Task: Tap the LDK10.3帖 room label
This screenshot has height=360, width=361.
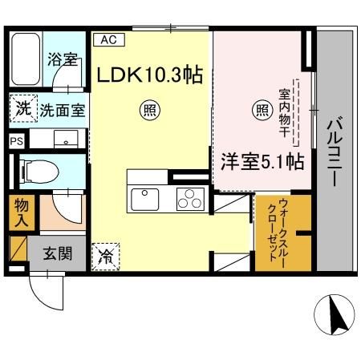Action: coord(148,75)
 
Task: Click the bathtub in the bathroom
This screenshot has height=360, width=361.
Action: coord(26,59)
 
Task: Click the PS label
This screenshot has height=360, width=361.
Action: coord(16,140)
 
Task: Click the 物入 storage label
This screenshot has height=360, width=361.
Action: coord(20,212)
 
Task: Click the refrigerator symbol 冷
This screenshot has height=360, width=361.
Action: coord(104,256)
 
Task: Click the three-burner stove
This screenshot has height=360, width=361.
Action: coord(190,198)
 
